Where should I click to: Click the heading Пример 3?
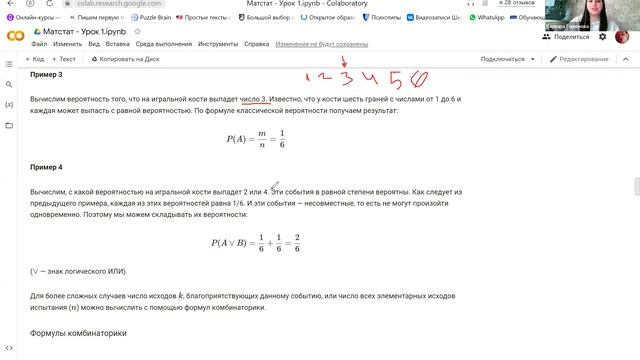click(46, 75)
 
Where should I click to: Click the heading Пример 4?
click(46, 167)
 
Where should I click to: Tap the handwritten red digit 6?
click(420, 79)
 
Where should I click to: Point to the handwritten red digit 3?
click(347, 79)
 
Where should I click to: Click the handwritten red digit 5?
click(396, 79)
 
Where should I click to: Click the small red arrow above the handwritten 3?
click(345, 61)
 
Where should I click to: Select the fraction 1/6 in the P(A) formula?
click(282, 138)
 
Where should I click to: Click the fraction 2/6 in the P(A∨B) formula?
click(296, 242)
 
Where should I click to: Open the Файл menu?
click(39, 44)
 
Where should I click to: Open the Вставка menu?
click(117, 44)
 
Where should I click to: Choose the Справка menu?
click(257, 44)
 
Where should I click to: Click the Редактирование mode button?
click(580, 59)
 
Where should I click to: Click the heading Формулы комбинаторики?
click(78, 333)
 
